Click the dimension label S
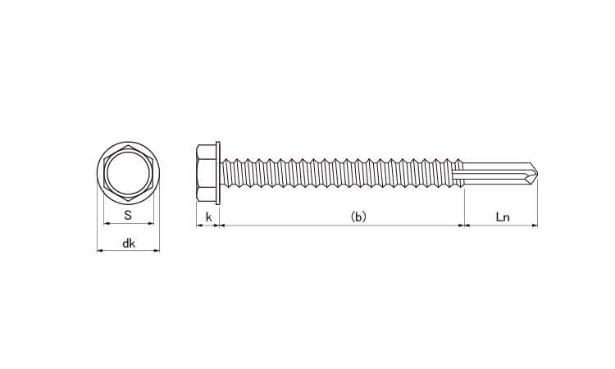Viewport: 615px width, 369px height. (128, 215)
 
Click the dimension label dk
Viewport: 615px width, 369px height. (128, 243)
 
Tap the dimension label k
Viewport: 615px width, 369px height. (208, 216)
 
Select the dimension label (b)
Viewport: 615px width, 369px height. (358, 216)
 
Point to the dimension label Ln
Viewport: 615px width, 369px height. (503, 216)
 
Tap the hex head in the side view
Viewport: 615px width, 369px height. (207, 172)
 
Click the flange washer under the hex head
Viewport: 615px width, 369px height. (218, 172)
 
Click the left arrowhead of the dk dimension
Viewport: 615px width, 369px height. (99, 250)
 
